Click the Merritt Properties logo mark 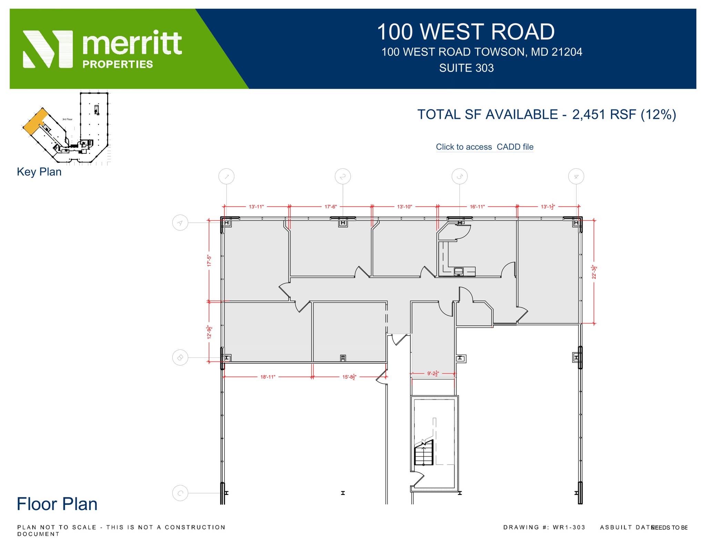pyautogui.click(x=48, y=49)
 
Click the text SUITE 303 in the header pyautogui.click(x=466, y=68)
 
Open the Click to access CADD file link pyautogui.click(x=484, y=147)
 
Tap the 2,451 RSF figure pyautogui.click(x=604, y=115)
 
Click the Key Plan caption pyautogui.click(x=39, y=172)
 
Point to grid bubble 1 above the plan pyautogui.click(x=226, y=177)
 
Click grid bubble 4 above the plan pyautogui.click(x=576, y=177)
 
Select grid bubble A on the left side pyautogui.click(x=180, y=223)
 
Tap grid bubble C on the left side pyautogui.click(x=180, y=493)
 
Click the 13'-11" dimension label pyautogui.click(x=256, y=207)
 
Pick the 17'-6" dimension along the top pyautogui.click(x=331, y=207)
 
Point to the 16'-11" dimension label pyautogui.click(x=477, y=207)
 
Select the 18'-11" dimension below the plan pyautogui.click(x=268, y=377)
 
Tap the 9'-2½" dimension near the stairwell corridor pyautogui.click(x=433, y=374)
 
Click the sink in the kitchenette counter pyautogui.click(x=458, y=271)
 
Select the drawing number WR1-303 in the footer pyautogui.click(x=569, y=527)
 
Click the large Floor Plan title pyautogui.click(x=57, y=504)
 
